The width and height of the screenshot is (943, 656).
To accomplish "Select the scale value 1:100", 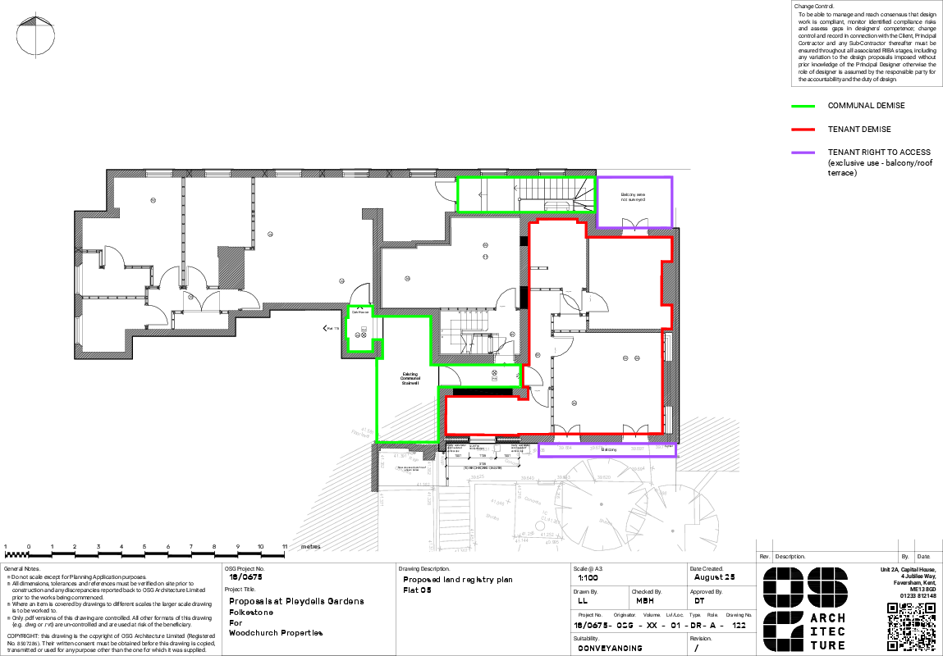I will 588,577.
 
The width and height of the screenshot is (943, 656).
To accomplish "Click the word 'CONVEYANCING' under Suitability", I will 610,648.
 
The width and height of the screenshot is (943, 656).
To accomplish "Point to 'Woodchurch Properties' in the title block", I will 276,633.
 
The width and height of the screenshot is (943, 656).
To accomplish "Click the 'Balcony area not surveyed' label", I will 633,197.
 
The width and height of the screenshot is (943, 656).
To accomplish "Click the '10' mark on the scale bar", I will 260,546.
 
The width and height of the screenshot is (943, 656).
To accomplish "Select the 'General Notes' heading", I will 21,568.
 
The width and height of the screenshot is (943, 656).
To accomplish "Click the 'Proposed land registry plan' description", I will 457,580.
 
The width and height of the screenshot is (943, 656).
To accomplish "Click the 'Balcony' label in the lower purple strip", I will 609,450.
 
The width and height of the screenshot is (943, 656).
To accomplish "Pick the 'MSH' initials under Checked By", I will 645,600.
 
